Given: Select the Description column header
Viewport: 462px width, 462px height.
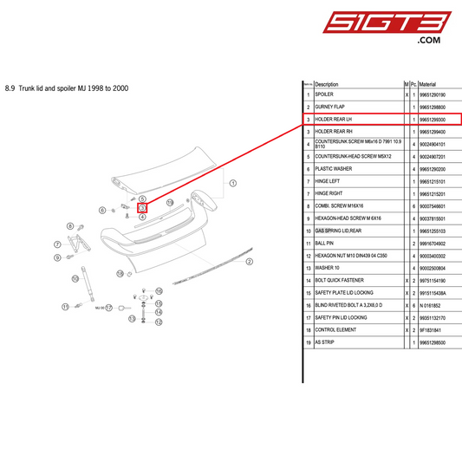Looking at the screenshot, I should pyautogui.click(x=327, y=84).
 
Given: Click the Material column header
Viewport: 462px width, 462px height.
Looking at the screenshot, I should pyautogui.click(x=433, y=84).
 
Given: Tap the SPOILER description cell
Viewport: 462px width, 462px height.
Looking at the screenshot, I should pyautogui.click(x=325, y=94).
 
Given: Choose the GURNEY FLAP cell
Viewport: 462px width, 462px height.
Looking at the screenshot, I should pyautogui.click(x=330, y=107).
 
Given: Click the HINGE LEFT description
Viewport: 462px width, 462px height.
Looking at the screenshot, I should pyautogui.click(x=329, y=182).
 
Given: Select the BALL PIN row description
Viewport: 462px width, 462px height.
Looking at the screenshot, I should pyautogui.click(x=325, y=244).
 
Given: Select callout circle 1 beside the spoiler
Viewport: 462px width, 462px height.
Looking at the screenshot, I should pyautogui.click(x=232, y=184).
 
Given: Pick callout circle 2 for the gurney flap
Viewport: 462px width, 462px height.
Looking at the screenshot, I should pyautogui.click(x=249, y=262).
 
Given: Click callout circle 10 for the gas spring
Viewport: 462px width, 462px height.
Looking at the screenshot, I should pyautogui.click(x=120, y=273).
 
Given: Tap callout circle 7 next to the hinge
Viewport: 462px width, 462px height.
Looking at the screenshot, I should pyautogui.click(x=58, y=244).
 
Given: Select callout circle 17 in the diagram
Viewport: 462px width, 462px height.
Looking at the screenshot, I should pyautogui.click(x=109, y=307).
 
